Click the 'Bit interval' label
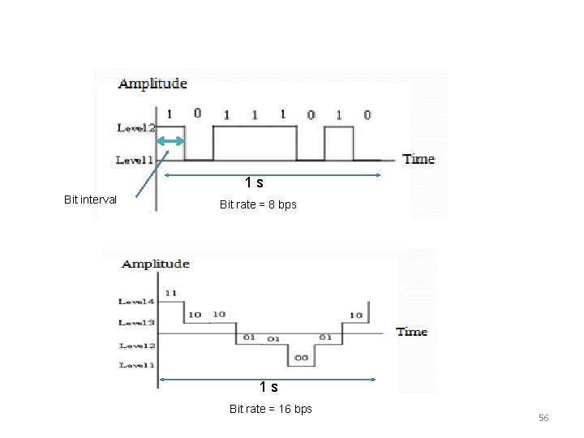90,200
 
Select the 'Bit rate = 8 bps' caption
258,204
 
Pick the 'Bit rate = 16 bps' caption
270,409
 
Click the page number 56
543,418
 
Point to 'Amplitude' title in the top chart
152,84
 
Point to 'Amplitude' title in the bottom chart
155,264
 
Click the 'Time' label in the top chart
419,159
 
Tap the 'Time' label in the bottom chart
411,332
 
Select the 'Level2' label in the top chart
135,128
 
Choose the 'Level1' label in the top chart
135,161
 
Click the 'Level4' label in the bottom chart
136,302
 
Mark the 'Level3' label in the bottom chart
136,323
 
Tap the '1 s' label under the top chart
255,183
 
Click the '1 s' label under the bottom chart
268,387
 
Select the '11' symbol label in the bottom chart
170,293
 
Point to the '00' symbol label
301,358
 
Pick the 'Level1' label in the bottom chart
136,366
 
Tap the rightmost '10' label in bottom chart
355,315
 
